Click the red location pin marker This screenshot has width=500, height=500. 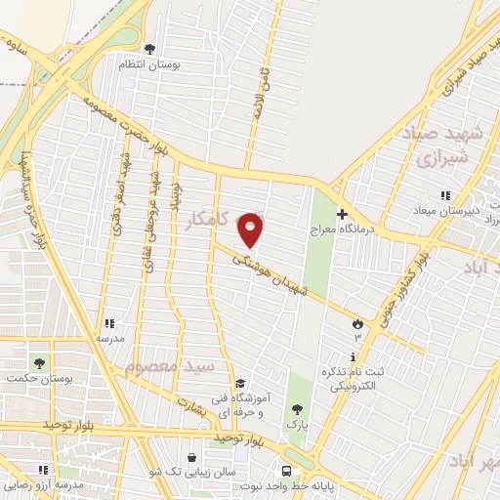[x=251, y=230]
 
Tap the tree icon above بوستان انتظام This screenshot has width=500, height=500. [x=149, y=48]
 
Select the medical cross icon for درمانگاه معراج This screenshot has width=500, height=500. [x=341, y=214]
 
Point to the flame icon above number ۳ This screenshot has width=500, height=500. [x=357, y=322]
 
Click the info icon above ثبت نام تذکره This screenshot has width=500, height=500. [x=354, y=356]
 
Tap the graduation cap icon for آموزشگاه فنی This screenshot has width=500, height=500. [x=240, y=384]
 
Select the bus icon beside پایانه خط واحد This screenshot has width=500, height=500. [x=286, y=468]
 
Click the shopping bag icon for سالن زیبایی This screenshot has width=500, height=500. [x=192, y=456]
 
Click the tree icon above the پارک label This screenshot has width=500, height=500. [x=294, y=408]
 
